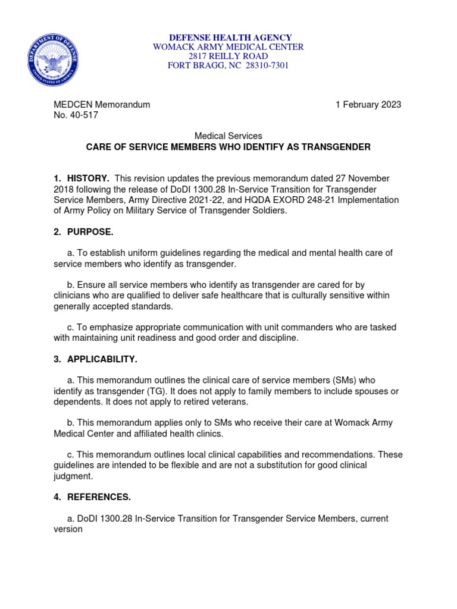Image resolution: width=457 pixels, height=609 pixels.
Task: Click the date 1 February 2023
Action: click(x=368, y=105)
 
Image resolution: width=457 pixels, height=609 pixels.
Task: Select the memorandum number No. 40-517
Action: click(x=76, y=115)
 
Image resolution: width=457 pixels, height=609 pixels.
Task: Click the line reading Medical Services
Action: click(x=228, y=136)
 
